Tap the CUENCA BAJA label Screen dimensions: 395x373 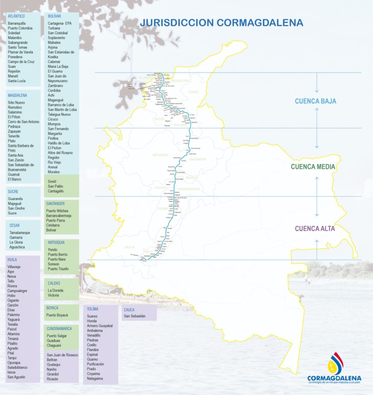[316, 101]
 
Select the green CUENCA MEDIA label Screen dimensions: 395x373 [313, 167]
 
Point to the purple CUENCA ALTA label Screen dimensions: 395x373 [315, 228]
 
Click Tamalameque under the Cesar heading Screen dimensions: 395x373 [20, 233]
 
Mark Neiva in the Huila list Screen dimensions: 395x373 [12, 277]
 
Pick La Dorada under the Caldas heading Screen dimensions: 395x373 [55, 290]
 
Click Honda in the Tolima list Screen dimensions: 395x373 [92, 321]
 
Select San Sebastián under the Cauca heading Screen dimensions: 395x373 [134, 316]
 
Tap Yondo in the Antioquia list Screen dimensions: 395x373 [53, 250]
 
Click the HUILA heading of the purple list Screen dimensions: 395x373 [12, 260]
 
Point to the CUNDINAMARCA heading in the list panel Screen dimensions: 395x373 [60, 329]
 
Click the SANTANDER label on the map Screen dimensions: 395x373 [198, 159]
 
